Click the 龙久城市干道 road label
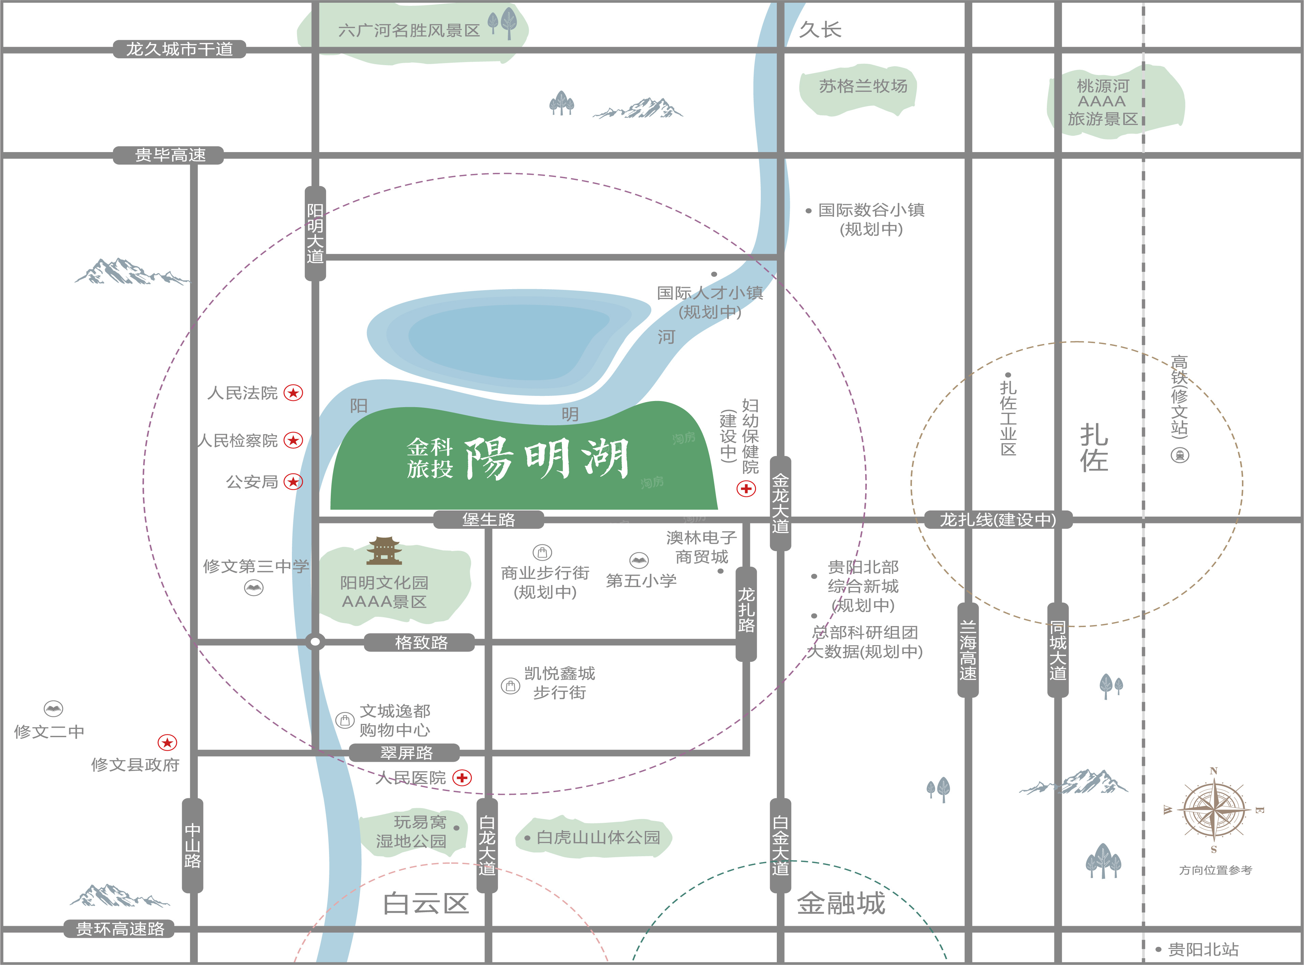pyautogui.click(x=179, y=49)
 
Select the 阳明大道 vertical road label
pyautogui.click(x=315, y=233)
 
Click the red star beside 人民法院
pyautogui.click(x=293, y=393)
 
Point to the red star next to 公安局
pyautogui.click(x=293, y=482)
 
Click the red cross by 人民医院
pyautogui.click(x=462, y=778)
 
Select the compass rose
pyautogui.click(x=1213, y=810)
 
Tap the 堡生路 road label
pyautogui.click(x=488, y=519)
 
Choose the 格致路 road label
pyautogui.click(x=421, y=642)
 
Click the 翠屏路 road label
pyautogui.click(x=406, y=752)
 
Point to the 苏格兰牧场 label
pyautogui.click(x=863, y=87)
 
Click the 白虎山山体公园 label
pyautogui.click(x=598, y=838)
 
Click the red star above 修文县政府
pyautogui.click(x=167, y=742)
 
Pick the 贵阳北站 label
pyautogui.click(x=1203, y=949)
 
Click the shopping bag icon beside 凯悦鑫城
pyautogui.click(x=510, y=686)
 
